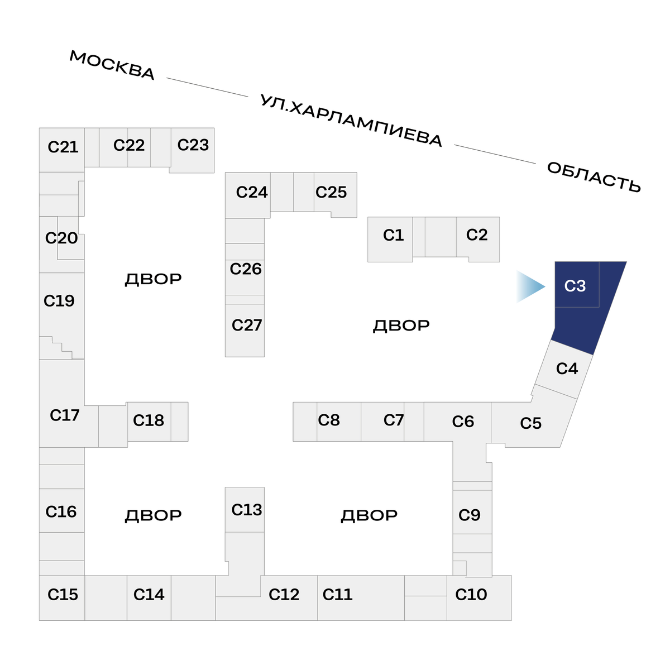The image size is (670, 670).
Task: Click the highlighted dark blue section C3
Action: pos(581,313)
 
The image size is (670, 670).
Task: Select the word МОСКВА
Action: pos(112,65)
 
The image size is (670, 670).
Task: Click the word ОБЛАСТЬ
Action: pos(594,176)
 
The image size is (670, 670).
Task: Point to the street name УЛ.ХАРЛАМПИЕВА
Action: pos(351,121)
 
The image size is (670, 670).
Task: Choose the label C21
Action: pos(63,147)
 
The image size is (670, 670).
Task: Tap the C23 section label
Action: pos(193,145)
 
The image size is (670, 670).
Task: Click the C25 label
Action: pos(331,192)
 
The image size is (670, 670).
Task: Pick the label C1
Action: pos(393,235)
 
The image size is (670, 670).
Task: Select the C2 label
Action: pos(477,234)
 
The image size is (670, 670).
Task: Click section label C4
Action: pos(567,368)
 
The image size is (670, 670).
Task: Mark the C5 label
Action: pos(530,423)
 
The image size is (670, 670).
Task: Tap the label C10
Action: pos(471,595)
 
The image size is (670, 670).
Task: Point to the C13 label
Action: pos(246,510)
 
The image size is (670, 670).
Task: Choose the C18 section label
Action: pos(149,420)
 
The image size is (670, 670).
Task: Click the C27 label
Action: pos(246,325)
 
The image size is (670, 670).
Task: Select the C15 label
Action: pos(63,595)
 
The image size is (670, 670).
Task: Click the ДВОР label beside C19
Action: pos(153,279)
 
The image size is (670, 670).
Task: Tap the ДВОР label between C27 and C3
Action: pos(401,325)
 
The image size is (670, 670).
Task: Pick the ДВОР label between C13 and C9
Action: pos(369,515)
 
